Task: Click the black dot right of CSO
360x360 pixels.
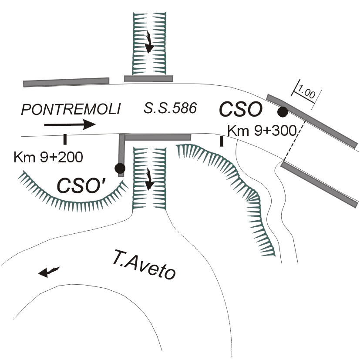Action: point(283,112)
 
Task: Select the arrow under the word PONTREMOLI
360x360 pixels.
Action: point(70,125)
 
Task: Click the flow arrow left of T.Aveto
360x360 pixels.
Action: point(48,272)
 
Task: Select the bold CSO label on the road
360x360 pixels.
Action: point(241,109)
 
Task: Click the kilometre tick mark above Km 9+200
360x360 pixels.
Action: point(65,139)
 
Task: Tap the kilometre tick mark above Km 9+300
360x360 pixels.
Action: point(222,141)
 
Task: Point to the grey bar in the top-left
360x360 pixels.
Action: point(66,81)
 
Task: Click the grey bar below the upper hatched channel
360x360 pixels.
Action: point(148,78)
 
